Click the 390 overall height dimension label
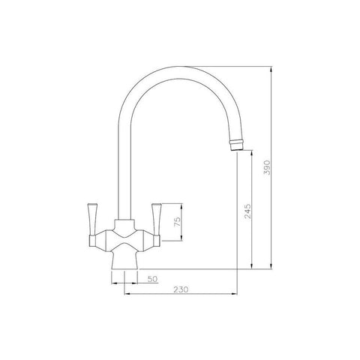pos(267,167)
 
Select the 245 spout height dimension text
pos(247,211)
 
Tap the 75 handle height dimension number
pos(177,222)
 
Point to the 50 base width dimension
pos(152,279)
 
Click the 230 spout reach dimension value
pos(181,289)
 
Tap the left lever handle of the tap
pos(91,220)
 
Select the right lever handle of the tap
pos(157,220)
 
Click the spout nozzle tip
pos(236,145)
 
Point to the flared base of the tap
pos(124,261)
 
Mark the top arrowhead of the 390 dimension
pos(271,69)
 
